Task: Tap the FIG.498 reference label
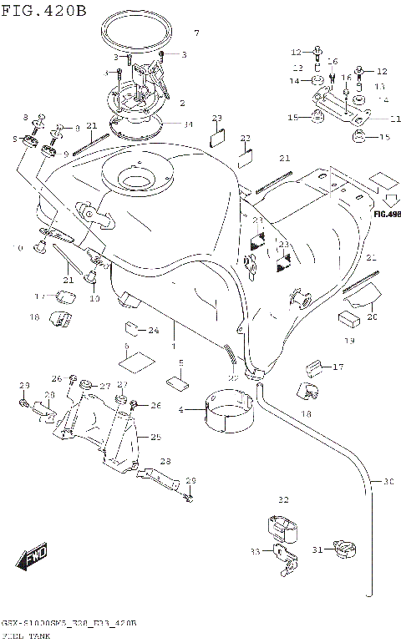[x=387, y=213]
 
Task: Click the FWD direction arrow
[x=33, y=556]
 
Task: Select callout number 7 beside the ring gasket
[x=196, y=33]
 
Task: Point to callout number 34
[x=188, y=124]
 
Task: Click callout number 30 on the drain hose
[x=388, y=482]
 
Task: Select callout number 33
[x=254, y=551]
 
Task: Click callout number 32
[x=282, y=499]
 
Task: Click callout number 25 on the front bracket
[x=155, y=436]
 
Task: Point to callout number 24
[x=154, y=331]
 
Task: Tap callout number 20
[x=372, y=316]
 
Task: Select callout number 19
[x=349, y=341]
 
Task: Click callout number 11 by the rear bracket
[x=394, y=118]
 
